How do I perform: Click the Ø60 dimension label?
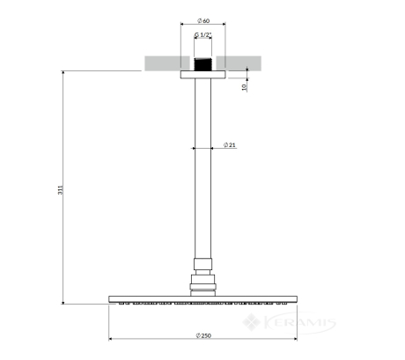[x=203, y=21]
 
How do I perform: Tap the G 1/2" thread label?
[x=203, y=35]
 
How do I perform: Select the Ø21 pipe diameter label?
[x=229, y=145]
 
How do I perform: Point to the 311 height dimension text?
[x=60, y=190]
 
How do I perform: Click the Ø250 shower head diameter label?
[x=203, y=335]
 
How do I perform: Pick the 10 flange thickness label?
[x=244, y=87]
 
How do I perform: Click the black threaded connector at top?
[x=202, y=64]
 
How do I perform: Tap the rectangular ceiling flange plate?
[x=202, y=75]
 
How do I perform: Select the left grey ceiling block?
[x=167, y=63]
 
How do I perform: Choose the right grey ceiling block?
[x=239, y=63]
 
